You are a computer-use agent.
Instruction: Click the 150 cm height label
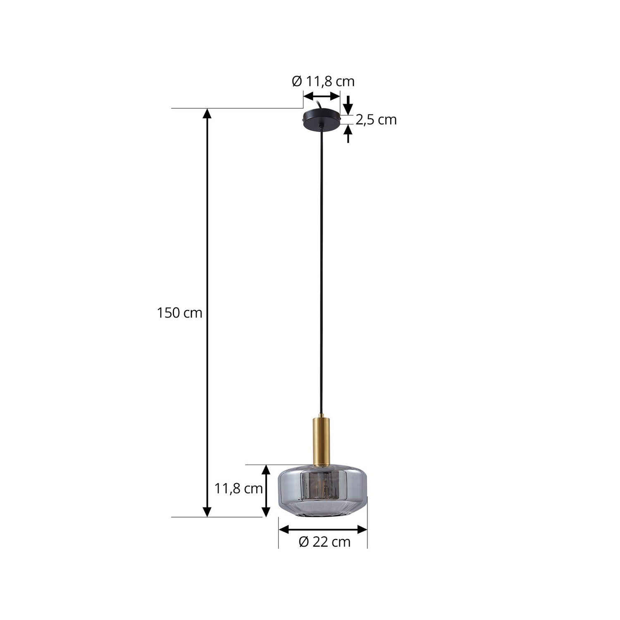click(x=179, y=313)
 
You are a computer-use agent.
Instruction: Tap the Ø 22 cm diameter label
click(x=324, y=541)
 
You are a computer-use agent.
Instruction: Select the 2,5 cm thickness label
click(x=376, y=120)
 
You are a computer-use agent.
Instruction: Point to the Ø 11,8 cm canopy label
click(x=323, y=81)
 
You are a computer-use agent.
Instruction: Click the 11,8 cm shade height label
click(x=238, y=489)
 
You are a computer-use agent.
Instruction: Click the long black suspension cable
click(x=321, y=269)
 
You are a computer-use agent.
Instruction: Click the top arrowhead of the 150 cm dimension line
click(x=207, y=113)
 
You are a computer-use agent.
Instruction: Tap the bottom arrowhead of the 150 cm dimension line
click(x=207, y=512)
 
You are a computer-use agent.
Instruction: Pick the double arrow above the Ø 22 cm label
click(x=323, y=529)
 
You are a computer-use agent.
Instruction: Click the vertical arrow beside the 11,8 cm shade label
click(x=266, y=491)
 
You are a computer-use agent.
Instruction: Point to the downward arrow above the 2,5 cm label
click(x=348, y=105)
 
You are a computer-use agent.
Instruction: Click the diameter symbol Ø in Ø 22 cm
click(x=303, y=541)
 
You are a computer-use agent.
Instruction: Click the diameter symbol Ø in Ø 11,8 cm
click(x=297, y=81)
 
